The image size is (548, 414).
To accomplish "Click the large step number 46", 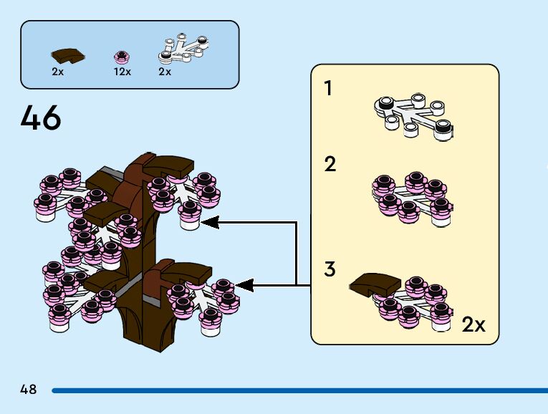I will (41, 118).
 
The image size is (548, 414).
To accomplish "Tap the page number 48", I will (29, 390).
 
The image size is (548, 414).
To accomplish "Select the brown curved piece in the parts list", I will (67, 54).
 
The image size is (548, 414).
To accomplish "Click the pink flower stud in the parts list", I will (121, 56).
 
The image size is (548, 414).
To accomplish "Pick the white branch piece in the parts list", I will (182, 47).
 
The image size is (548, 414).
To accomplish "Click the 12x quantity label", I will (122, 72).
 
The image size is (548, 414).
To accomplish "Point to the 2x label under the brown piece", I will (58, 72).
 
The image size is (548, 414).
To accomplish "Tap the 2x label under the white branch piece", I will (165, 72).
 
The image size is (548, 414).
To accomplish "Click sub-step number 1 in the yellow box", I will (328, 89).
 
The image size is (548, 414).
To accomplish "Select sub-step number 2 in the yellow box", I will (330, 165).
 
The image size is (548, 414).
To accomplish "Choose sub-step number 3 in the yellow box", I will (330, 269).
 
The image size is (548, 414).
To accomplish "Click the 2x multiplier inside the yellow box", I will (474, 324).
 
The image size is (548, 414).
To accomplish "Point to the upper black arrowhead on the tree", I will (210, 222).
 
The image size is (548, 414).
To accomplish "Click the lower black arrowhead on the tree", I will (244, 285).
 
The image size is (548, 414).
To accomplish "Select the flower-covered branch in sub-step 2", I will (412, 196).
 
